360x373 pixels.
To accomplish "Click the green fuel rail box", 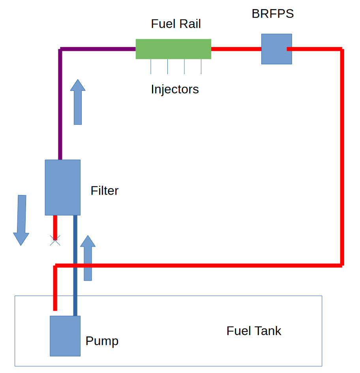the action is click(173, 49).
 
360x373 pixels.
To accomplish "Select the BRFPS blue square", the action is click(276, 49).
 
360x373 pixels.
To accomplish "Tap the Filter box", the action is click(63, 187).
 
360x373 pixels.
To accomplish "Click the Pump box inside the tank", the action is click(65, 336).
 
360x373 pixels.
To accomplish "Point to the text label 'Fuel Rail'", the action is click(176, 24).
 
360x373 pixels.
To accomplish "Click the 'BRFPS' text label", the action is click(273, 13).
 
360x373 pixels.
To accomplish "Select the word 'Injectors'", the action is click(175, 90).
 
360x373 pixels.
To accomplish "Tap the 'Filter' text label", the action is click(105, 191).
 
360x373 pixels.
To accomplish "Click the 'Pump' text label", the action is click(102, 341).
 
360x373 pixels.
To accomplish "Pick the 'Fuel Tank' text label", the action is click(254, 331).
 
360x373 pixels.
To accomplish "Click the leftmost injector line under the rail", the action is click(151, 67).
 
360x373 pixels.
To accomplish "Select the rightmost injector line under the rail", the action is click(201, 67).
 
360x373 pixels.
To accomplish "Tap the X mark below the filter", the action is click(55, 240).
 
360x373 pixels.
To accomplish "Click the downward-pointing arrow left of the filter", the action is click(21, 220).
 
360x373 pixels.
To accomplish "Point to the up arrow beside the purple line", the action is click(78, 102).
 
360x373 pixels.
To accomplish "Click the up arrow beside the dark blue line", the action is click(88, 258).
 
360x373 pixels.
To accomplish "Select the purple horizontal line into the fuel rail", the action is click(98, 49).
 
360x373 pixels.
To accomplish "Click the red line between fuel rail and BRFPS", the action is click(236, 49).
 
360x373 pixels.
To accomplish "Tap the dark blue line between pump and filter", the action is click(75, 266).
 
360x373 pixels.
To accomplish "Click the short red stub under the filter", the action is click(55, 228).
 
